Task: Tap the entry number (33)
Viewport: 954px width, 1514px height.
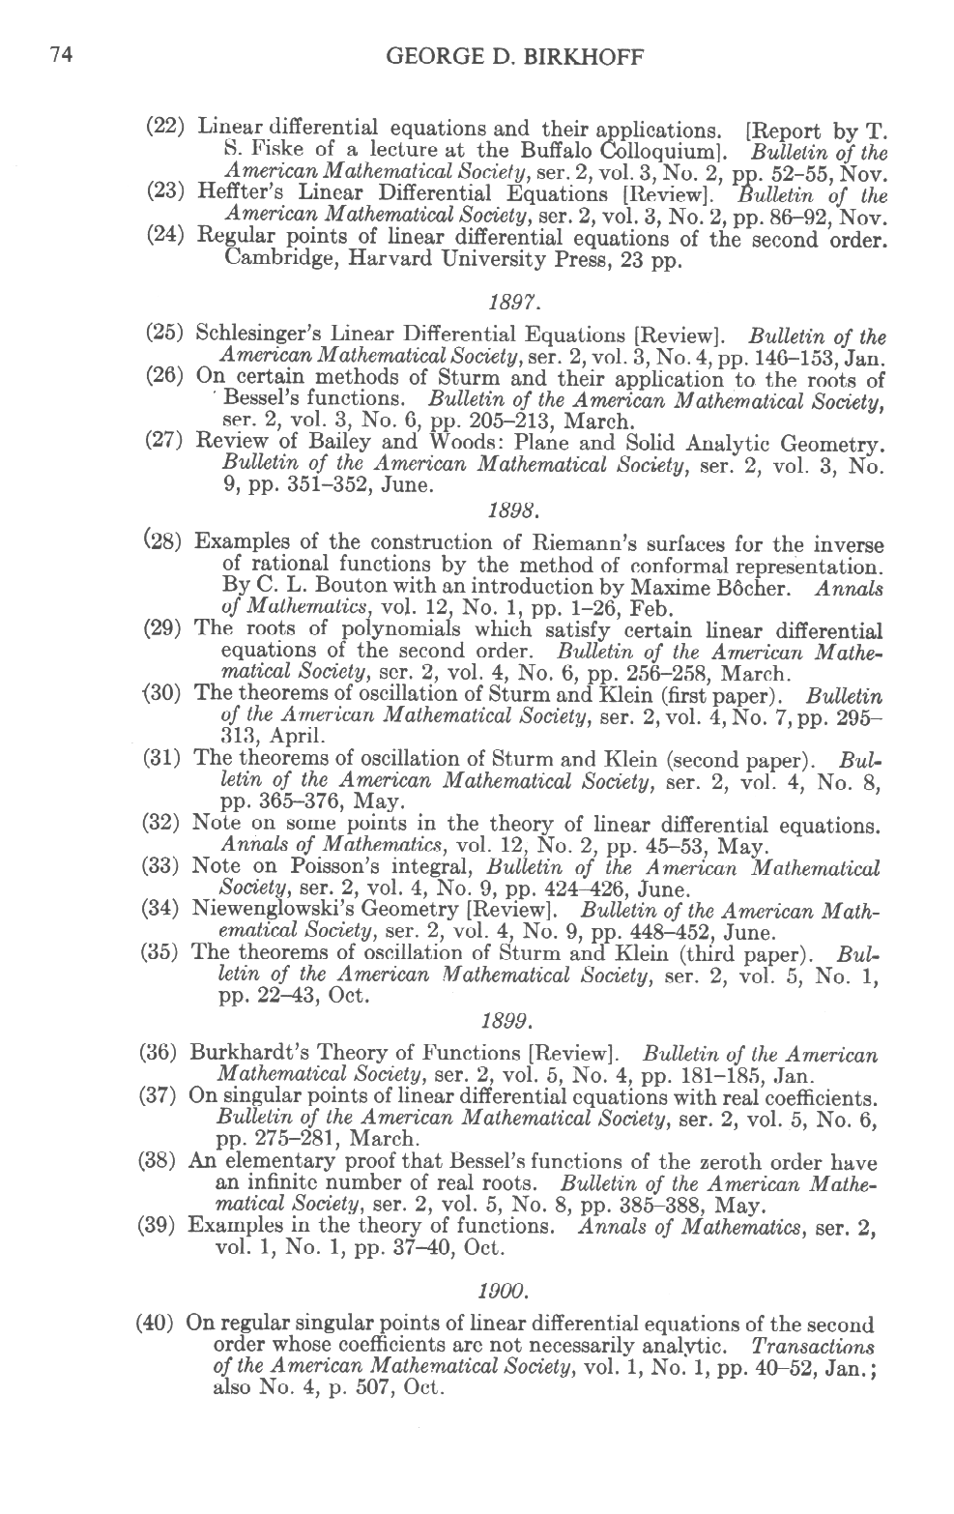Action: click(x=161, y=867)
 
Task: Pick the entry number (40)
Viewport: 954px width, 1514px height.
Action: click(x=156, y=1324)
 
